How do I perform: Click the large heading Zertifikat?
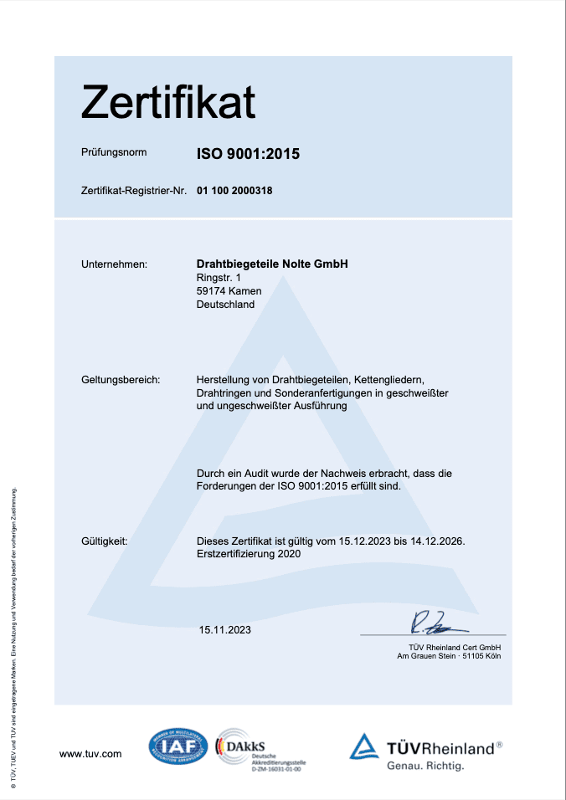167,103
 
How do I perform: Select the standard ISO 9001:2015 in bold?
248,153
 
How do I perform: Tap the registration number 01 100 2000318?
234,191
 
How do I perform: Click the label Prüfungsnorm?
114,153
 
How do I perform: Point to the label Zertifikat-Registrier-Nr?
134,191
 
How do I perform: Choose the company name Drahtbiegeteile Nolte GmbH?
272,264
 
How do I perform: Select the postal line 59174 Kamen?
229,291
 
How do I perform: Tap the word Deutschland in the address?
225,305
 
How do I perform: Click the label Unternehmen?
114,264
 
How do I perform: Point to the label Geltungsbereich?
121,380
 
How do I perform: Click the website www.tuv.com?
90,754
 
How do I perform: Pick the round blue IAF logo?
178,746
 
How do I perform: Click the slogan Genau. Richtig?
425,766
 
